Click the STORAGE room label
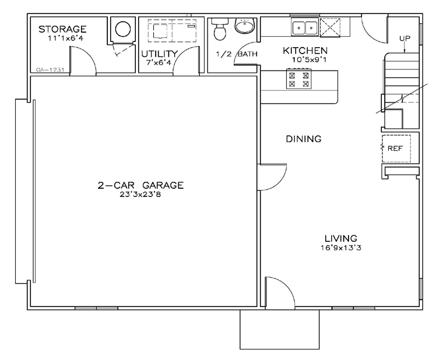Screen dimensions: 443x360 click(x=62, y=29)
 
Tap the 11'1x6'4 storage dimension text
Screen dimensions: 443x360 click(x=66, y=38)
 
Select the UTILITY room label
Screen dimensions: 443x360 click(x=159, y=54)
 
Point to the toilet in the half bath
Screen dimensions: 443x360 click(x=220, y=29)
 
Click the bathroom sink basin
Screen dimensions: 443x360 click(x=245, y=26)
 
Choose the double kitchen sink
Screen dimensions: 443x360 click(x=305, y=28)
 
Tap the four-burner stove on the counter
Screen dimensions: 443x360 click(x=299, y=79)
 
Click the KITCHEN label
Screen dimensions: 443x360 click(x=305, y=51)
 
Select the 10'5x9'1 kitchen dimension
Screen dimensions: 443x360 click(x=310, y=60)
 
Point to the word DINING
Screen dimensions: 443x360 click(x=304, y=139)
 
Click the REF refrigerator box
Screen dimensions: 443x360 click(x=396, y=149)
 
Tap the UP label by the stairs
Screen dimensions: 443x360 click(x=405, y=38)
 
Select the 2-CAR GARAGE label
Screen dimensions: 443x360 click(x=140, y=185)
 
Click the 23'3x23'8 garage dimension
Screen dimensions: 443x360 click(x=140, y=195)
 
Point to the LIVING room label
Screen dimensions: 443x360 click(x=341, y=239)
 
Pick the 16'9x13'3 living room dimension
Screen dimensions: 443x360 click(x=341, y=248)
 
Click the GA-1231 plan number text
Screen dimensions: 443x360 click(x=51, y=70)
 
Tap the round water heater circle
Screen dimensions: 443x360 click(x=123, y=29)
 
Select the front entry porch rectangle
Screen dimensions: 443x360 click(x=280, y=330)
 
